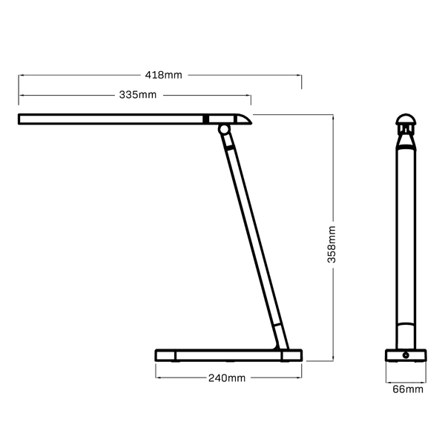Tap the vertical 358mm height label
pos(333,244)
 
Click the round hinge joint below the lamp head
pos(223,131)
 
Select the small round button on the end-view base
pos(406,356)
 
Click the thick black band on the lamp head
pos(206,119)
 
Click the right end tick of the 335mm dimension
pos(251,99)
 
